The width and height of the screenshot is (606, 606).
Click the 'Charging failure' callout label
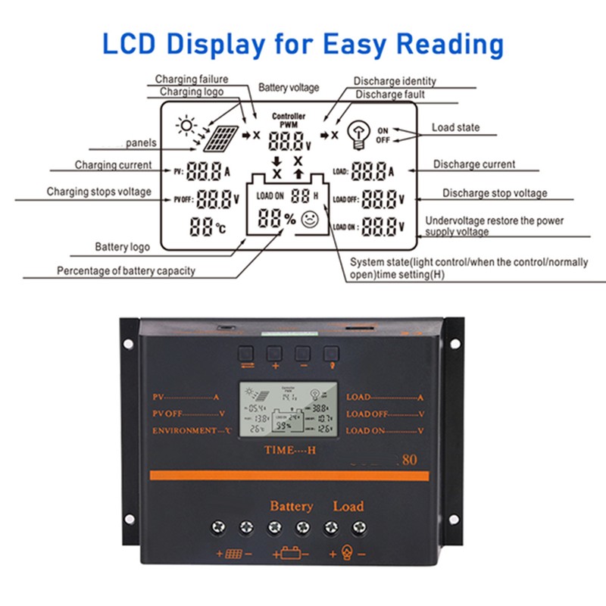coord(192,79)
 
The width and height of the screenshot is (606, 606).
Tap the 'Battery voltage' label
coord(289,88)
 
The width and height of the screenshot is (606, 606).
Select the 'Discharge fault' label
coord(390,95)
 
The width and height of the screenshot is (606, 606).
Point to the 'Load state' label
coord(455,128)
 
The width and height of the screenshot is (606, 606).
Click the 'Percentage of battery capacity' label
coord(126,271)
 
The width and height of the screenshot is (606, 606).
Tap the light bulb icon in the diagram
coord(357,135)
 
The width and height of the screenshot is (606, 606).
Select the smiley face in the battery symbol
coord(310,220)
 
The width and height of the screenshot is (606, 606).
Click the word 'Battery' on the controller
coord(291,506)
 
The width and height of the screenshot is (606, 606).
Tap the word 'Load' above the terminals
coord(348,506)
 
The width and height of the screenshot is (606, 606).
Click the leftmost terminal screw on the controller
coord(218,527)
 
